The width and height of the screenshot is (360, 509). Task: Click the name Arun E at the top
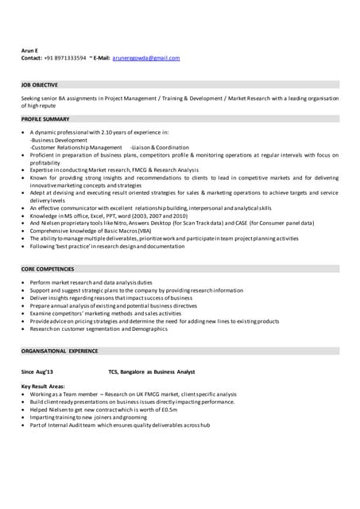[29, 49]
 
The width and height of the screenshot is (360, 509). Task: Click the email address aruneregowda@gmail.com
[146, 58]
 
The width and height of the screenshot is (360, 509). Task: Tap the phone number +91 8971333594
[65, 58]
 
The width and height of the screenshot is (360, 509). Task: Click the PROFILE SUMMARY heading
[45, 119]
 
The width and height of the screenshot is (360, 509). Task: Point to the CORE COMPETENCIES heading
[48, 269]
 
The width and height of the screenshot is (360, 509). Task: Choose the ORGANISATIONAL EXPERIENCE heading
[60, 351]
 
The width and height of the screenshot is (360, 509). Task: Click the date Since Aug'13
[37, 372]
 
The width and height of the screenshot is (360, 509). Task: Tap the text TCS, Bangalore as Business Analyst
[152, 372]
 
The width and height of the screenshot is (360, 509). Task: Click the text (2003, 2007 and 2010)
[158, 216]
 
